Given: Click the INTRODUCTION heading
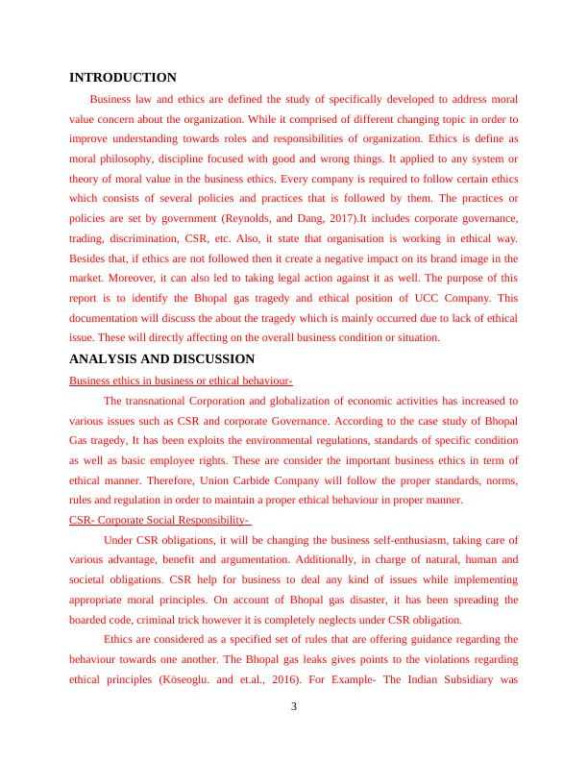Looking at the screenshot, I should (x=123, y=77).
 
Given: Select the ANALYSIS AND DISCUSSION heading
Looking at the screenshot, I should (x=162, y=359).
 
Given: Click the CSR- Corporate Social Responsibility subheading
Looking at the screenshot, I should (x=160, y=520).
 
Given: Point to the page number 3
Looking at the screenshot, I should (x=294, y=708).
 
